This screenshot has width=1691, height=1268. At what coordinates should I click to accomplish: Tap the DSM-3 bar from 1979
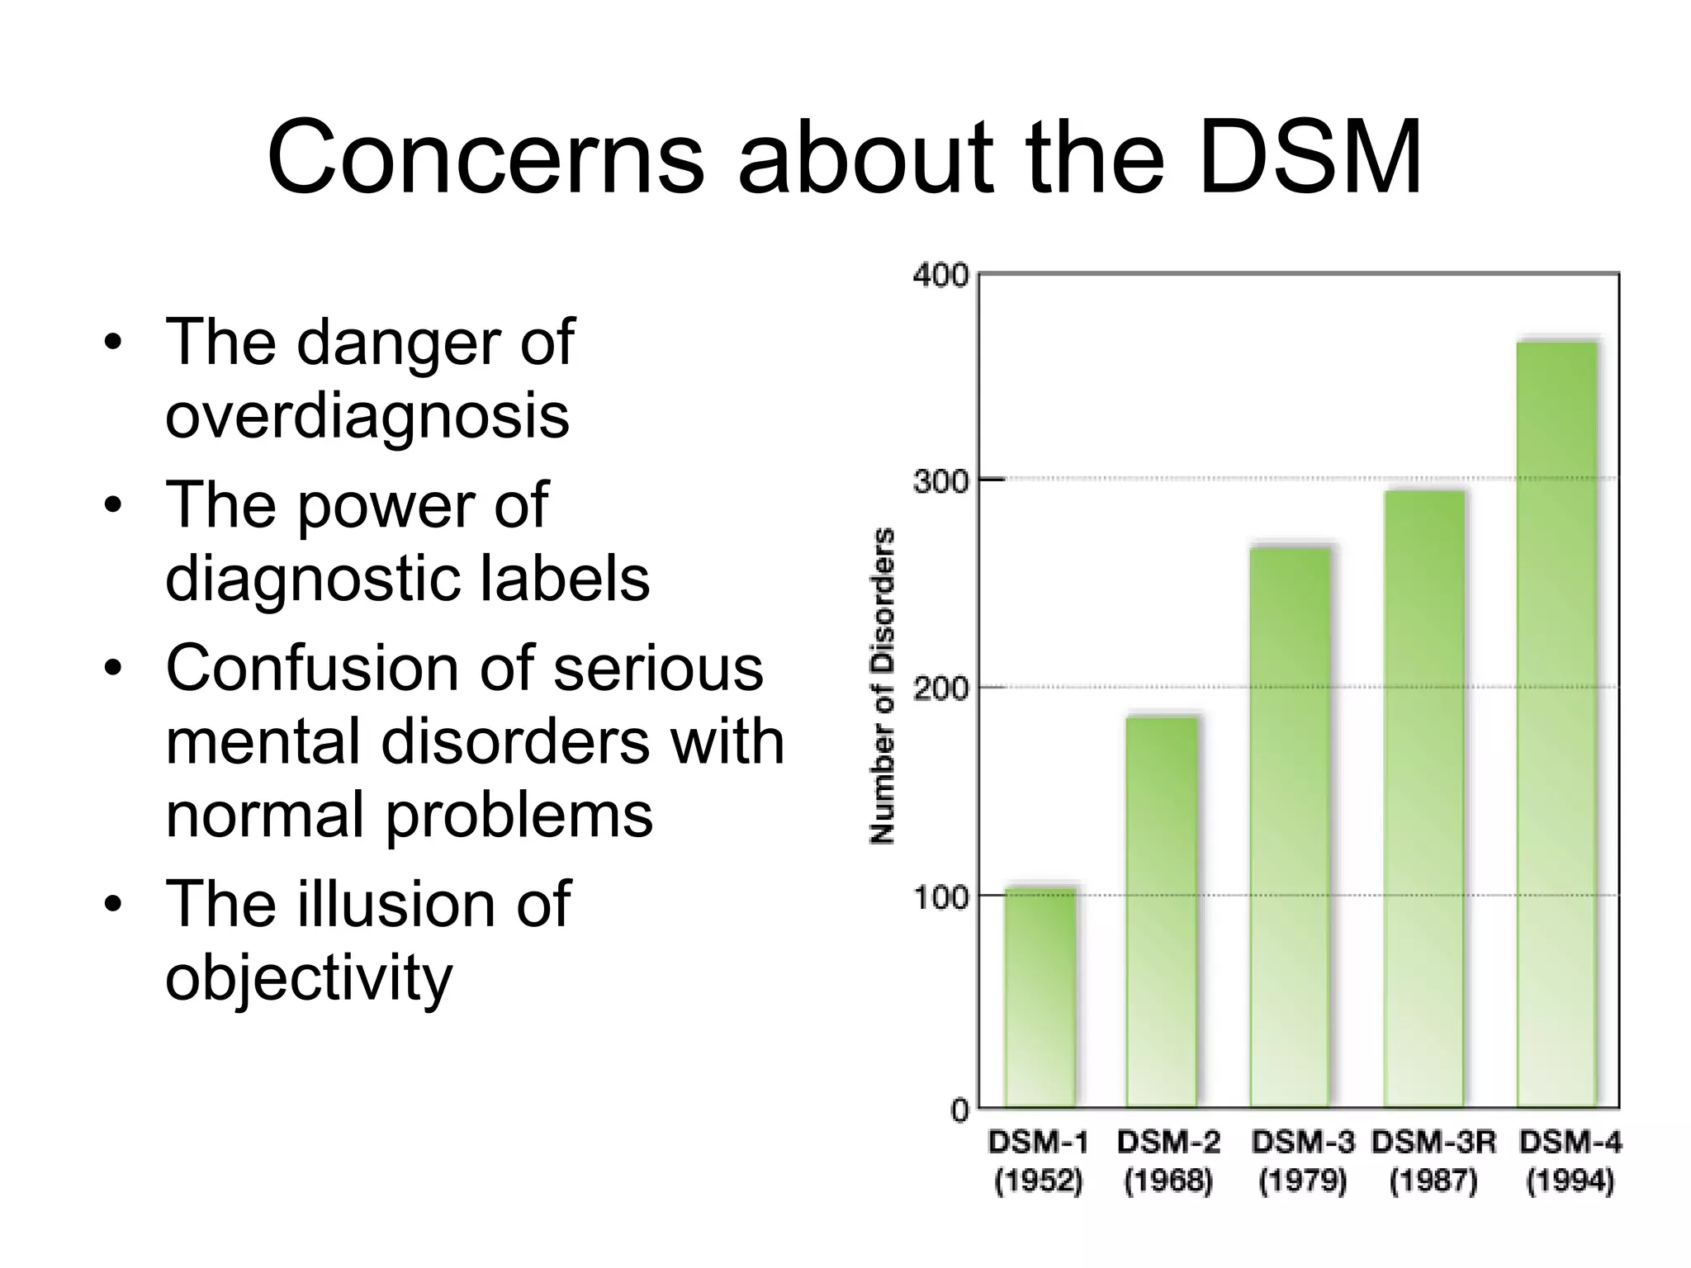(x=1291, y=826)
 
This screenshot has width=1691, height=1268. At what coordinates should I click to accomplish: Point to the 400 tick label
(x=940, y=275)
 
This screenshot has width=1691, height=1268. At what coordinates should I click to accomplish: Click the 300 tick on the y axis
(x=940, y=480)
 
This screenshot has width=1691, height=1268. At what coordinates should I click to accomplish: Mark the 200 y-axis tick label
(x=940, y=688)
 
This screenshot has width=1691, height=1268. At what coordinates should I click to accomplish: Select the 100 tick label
(x=940, y=897)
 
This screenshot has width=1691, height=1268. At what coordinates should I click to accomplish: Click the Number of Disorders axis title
(x=883, y=685)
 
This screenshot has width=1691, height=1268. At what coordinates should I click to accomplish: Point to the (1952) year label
(x=1039, y=1181)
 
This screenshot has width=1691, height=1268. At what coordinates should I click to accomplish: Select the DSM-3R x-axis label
(x=1433, y=1143)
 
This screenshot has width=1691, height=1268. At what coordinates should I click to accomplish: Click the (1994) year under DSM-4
(x=1570, y=1181)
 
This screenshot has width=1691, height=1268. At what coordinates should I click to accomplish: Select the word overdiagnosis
(x=367, y=414)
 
